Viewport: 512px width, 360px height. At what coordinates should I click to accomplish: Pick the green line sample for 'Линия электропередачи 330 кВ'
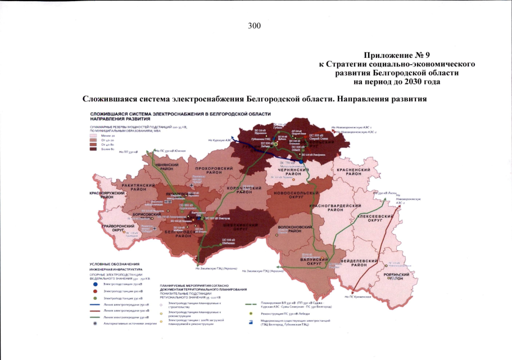point(96,317)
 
